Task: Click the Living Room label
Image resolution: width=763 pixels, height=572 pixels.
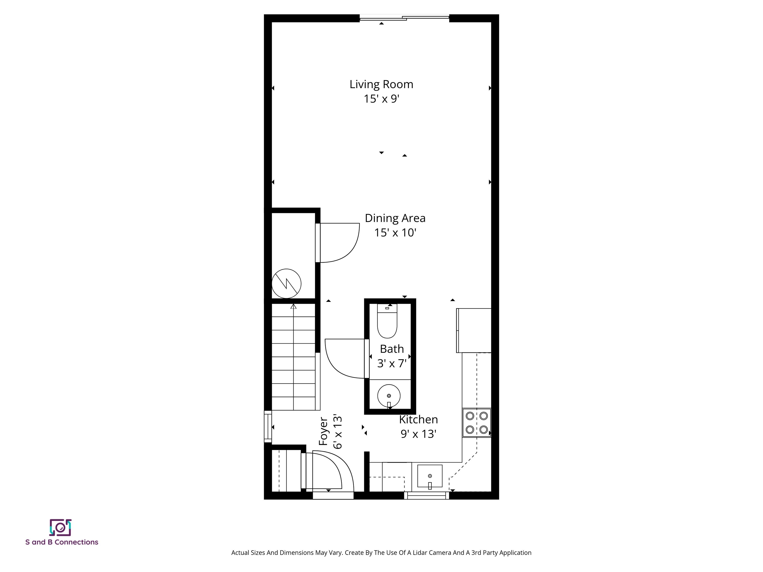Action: point(381,84)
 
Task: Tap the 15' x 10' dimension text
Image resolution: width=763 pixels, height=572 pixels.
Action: point(395,233)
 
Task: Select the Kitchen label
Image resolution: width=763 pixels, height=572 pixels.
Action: point(419,420)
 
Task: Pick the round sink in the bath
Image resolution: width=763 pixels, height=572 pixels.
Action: point(389,396)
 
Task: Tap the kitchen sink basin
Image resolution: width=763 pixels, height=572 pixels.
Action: point(430,476)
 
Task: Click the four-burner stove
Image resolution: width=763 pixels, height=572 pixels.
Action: point(476,423)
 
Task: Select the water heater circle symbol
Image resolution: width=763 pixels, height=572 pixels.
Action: point(286,284)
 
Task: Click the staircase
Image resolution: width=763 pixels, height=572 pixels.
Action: point(294,358)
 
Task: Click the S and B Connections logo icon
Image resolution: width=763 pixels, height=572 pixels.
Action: point(60,528)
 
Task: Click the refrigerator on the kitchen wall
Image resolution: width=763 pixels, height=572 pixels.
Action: point(474,330)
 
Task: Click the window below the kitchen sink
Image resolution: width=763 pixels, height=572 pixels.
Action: point(427,496)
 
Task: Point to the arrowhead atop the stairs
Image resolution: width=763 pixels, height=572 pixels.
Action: point(294,306)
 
